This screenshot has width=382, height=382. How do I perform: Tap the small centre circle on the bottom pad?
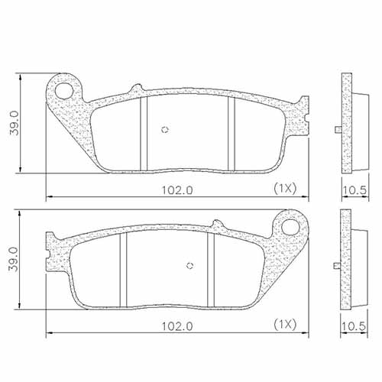tap(190, 267)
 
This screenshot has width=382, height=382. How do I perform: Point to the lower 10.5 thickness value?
tap(351, 325)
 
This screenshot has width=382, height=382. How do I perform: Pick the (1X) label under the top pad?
tap(284, 187)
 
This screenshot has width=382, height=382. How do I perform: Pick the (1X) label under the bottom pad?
tap(284, 325)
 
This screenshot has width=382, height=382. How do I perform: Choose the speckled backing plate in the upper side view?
tap(345, 122)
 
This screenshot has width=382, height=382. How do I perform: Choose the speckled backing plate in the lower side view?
tap(345, 260)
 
